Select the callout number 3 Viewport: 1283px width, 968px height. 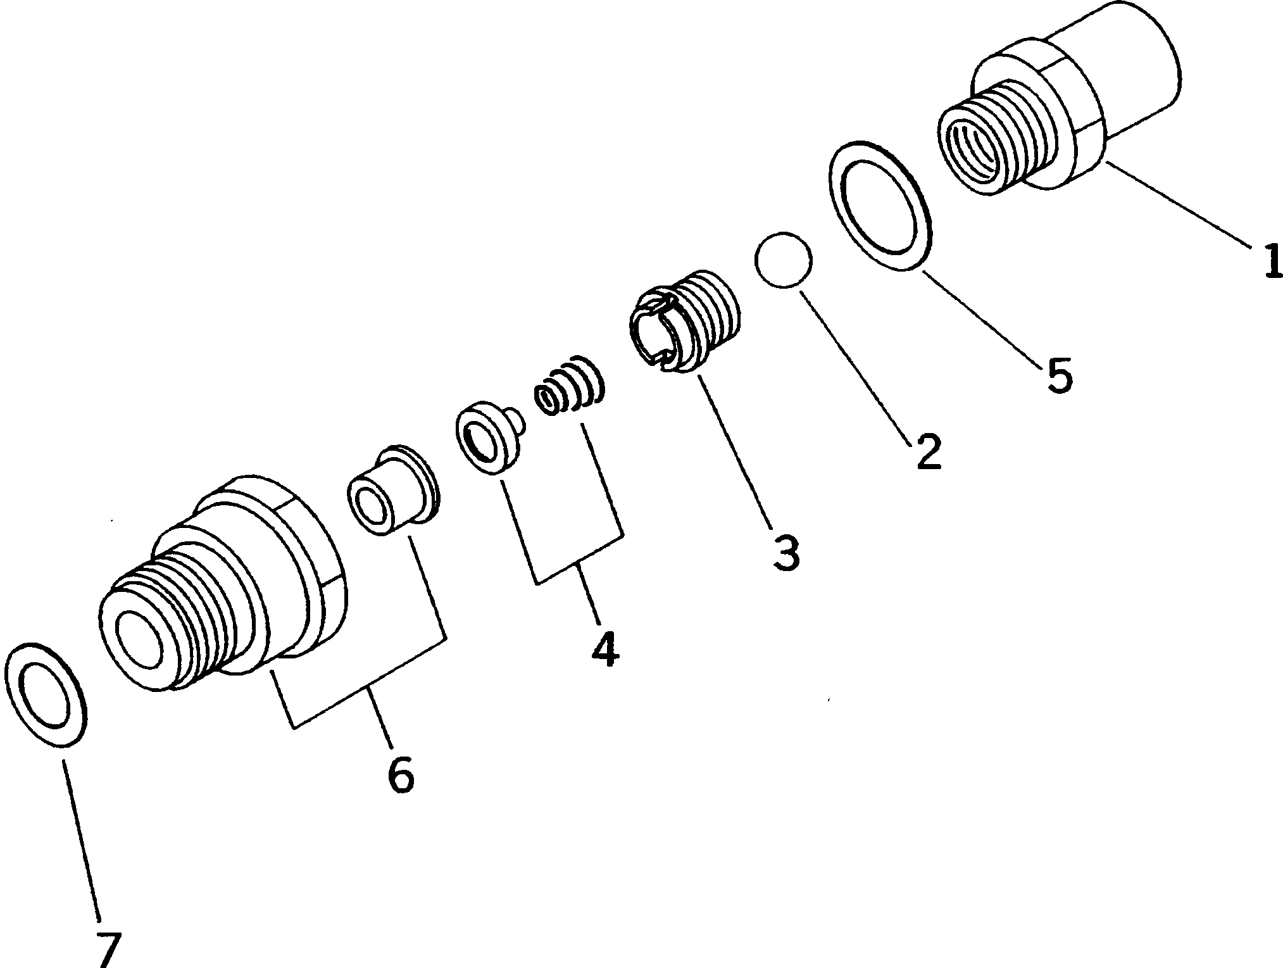tap(785, 551)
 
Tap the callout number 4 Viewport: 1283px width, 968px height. tap(605, 648)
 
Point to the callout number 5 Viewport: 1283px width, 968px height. tap(1059, 375)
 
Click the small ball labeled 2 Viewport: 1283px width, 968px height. tap(782, 261)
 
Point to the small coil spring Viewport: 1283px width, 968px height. tap(570, 387)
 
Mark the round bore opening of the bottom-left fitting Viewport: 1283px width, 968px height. tap(142, 639)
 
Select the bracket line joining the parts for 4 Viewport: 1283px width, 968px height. tap(579, 563)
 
